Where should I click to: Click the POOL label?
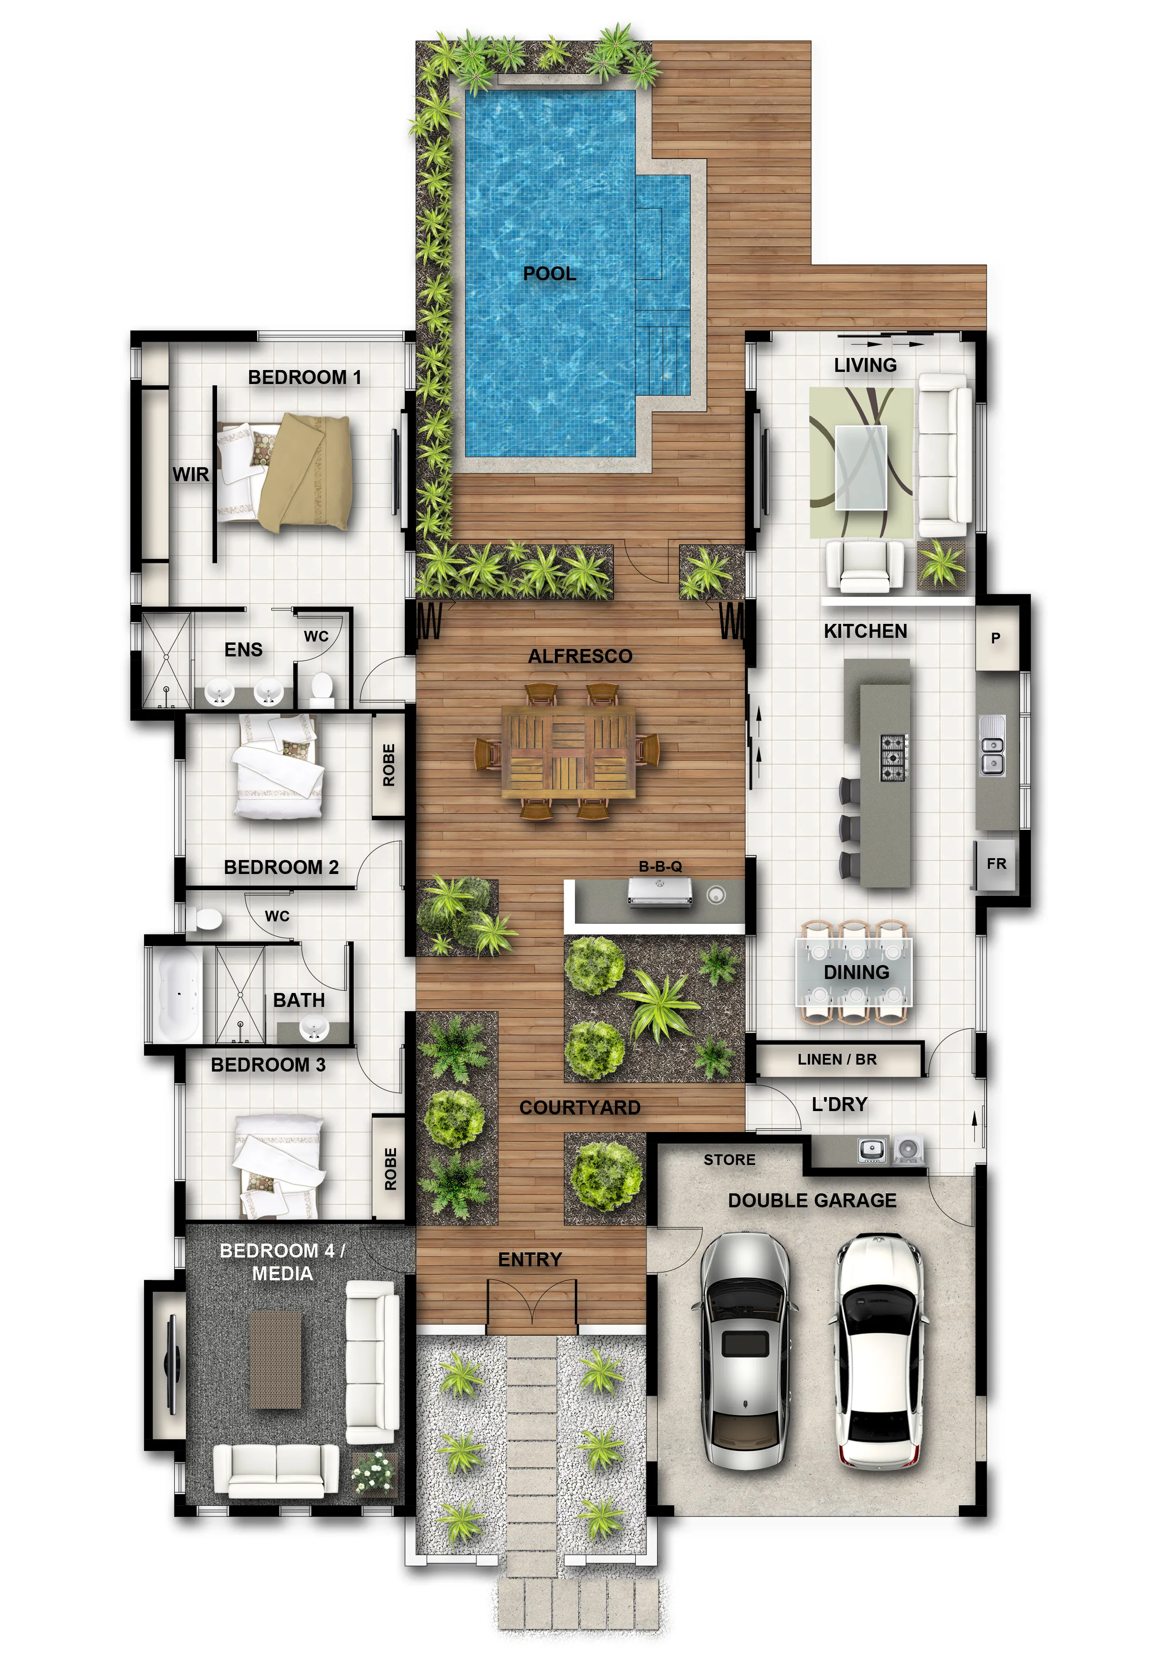click(549, 274)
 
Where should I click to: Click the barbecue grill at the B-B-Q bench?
click(660, 892)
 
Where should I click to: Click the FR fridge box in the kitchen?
click(996, 864)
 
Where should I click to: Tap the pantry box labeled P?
click(996, 638)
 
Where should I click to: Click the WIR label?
click(191, 474)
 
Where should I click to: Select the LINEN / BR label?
click(837, 1059)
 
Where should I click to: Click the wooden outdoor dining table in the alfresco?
click(567, 751)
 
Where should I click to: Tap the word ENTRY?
click(530, 1259)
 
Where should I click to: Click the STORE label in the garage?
click(729, 1159)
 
